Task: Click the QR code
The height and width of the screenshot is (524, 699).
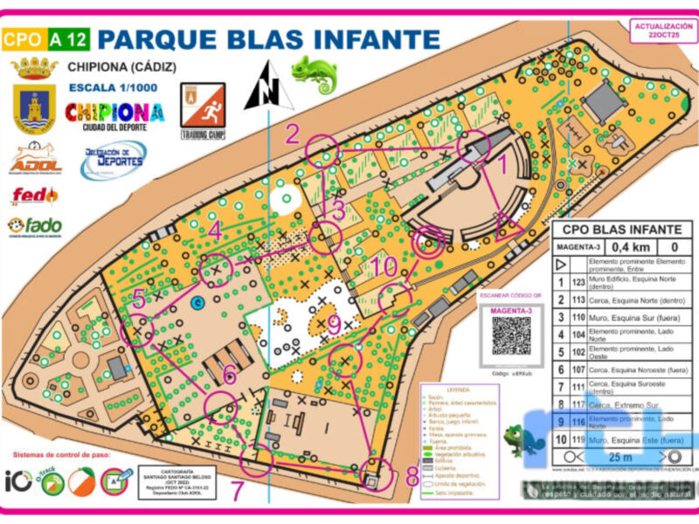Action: (x=511, y=334)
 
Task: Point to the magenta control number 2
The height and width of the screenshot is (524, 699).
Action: (x=293, y=134)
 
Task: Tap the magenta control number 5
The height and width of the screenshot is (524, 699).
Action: (x=140, y=298)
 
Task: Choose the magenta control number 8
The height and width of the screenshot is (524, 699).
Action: (x=412, y=477)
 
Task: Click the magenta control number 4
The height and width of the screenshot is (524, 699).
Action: (x=215, y=231)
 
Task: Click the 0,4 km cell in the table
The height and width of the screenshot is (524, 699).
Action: (x=619, y=246)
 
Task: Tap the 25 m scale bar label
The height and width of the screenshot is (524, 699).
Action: (x=619, y=456)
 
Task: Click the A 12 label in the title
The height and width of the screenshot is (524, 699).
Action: (x=68, y=38)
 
